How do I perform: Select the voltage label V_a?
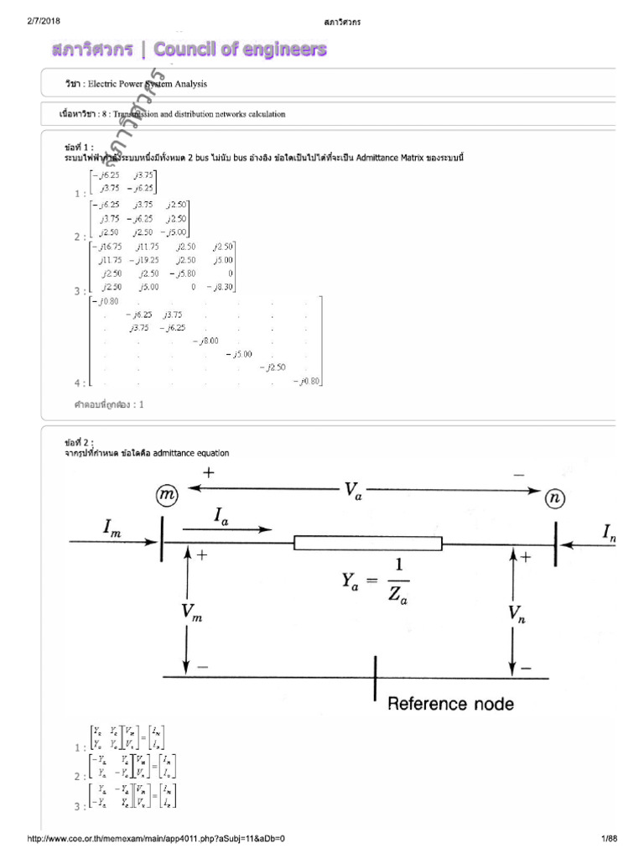point(352,489)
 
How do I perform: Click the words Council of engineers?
point(241,50)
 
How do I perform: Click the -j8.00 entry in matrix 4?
point(205,341)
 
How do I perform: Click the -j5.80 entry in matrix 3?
point(184,273)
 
